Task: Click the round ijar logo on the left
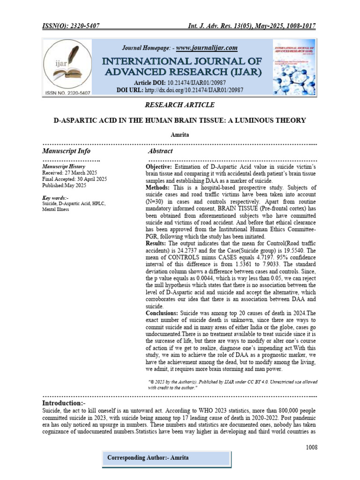(69, 65)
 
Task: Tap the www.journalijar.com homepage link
(207, 48)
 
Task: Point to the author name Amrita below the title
(180, 134)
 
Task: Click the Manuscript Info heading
(66, 151)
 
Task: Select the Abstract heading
(160, 151)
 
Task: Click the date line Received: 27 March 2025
(69, 173)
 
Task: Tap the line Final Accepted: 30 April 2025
(75, 179)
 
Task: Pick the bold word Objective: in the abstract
(159, 167)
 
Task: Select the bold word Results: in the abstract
(156, 244)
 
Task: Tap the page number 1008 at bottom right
(311, 447)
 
